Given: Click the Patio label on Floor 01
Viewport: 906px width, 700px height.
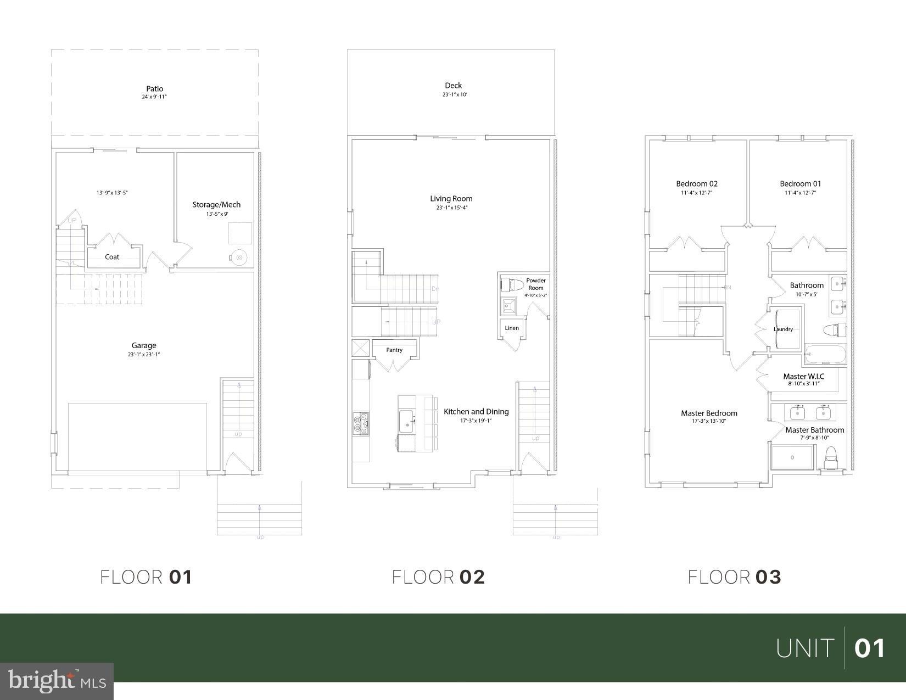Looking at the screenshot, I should pyautogui.click(x=154, y=88).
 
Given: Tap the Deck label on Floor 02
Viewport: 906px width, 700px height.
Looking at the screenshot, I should pyautogui.click(x=453, y=85).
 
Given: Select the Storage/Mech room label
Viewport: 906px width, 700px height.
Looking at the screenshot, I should pyautogui.click(x=216, y=205).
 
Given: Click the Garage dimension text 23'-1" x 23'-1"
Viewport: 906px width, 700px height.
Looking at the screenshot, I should pyautogui.click(x=144, y=355).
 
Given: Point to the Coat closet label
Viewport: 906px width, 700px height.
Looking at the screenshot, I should pyautogui.click(x=112, y=257).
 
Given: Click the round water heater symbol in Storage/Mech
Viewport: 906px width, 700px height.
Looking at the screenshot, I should pyautogui.click(x=239, y=257).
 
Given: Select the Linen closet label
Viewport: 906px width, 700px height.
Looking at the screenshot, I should pyautogui.click(x=511, y=328).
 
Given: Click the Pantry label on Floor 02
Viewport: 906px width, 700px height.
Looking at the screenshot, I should pyautogui.click(x=394, y=350).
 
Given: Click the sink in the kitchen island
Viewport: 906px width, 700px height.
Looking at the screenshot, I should pyautogui.click(x=407, y=423).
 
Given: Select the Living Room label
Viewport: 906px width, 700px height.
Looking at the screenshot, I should pyautogui.click(x=451, y=199).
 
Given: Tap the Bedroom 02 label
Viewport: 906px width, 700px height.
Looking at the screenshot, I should pyautogui.click(x=696, y=184).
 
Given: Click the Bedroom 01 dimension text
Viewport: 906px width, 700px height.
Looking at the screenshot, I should pyautogui.click(x=800, y=193).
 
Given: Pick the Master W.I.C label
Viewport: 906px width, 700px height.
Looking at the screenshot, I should pyautogui.click(x=803, y=376).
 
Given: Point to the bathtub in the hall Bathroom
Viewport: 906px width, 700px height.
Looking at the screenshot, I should pyautogui.click(x=825, y=354).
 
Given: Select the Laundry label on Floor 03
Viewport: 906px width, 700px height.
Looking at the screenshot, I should pyautogui.click(x=783, y=329).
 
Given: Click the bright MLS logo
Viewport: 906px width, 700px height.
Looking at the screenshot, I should pyautogui.click(x=57, y=681).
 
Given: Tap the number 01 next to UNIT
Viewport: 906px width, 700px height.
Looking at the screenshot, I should pyautogui.click(x=870, y=648).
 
